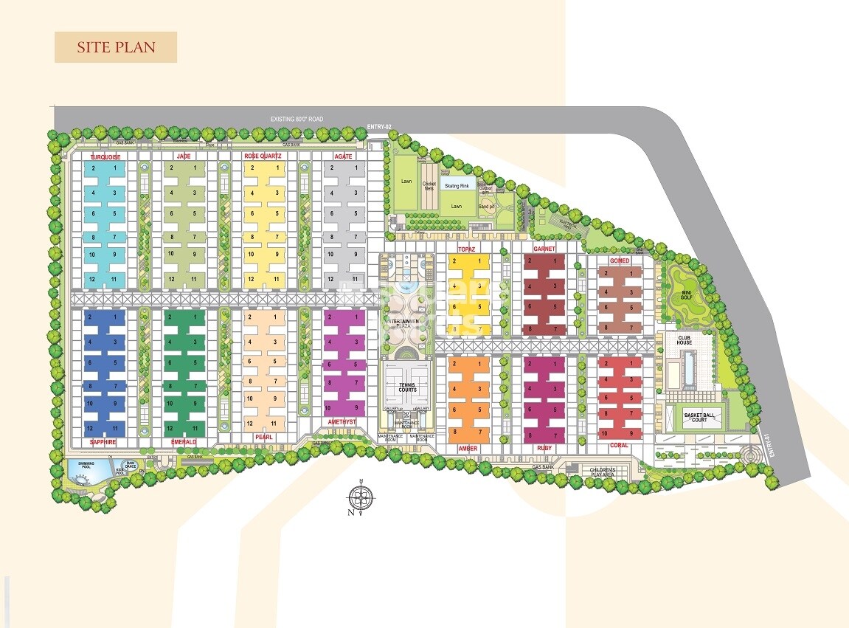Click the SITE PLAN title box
116,47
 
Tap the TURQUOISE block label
105,157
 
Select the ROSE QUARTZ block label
262,156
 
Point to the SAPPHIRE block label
104,441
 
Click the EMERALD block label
184,441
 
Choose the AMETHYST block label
342,422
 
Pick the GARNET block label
544,249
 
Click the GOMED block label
619,261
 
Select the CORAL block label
619,445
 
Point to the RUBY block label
544,448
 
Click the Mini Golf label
685,294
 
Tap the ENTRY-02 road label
378,128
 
